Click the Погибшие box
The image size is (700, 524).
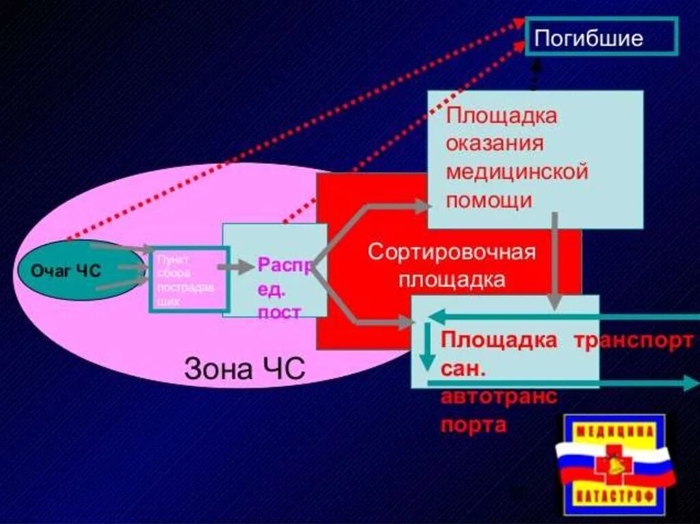coord(602,37)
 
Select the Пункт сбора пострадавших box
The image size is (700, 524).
coord(188,279)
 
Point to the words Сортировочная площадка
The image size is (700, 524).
coord(452,265)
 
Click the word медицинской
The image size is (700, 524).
coord(517,171)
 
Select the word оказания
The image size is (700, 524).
coord(495,143)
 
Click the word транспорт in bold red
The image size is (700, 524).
coord(632,341)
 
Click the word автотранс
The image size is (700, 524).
coord(498,397)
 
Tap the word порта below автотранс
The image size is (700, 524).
coord(473,425)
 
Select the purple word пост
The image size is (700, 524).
coord(279,313)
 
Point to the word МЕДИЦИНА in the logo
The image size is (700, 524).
coord(614,431)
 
